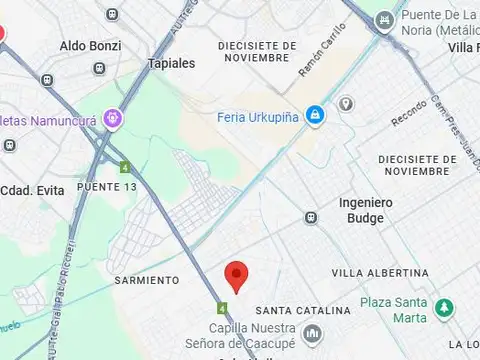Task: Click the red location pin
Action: (x=236, y=272)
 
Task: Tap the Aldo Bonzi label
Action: (x=90, y=46)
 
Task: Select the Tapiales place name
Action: (x=170, y=62)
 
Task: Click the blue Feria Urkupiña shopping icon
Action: (x=315, y=116)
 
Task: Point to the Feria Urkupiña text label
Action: (x=260, y=116)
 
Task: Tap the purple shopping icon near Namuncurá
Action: (x=113, y=119)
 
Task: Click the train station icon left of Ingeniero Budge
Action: (x=311, y=217)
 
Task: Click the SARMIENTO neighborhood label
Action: (x=147, y=280)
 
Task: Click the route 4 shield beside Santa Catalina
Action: (x=222, y=308)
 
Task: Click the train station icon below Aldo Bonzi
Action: (x=99, y=68)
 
